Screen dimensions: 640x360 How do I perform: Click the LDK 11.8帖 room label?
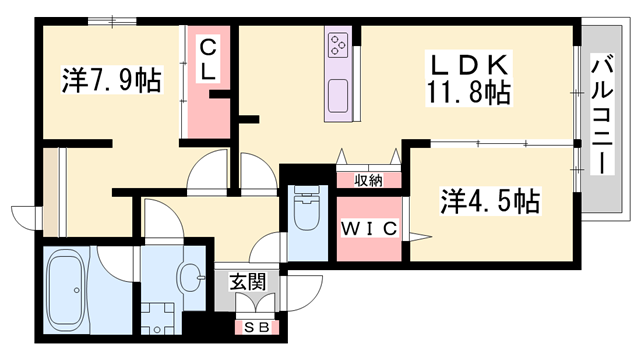click(x=469, y=80)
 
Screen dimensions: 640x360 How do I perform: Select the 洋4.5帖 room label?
click(x=491, y=201)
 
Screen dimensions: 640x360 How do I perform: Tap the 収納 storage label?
click(x=368, y=180)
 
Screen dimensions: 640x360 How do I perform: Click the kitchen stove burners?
click(x=337, y=46)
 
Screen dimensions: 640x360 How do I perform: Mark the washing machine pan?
click(x=156, y=321)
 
